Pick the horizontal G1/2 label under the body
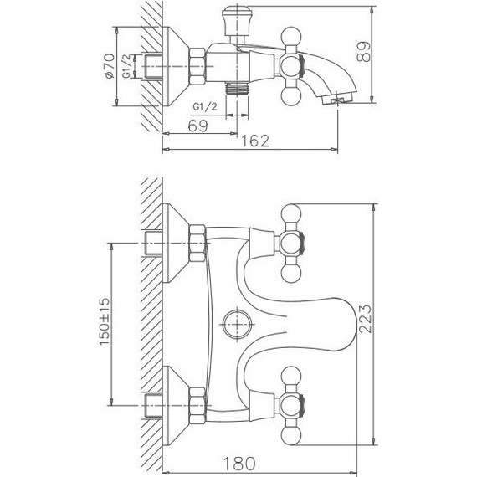(x=205, y=107)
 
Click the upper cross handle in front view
(x=293, y=245)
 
